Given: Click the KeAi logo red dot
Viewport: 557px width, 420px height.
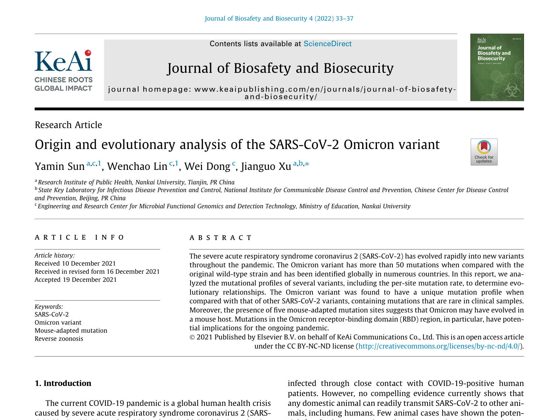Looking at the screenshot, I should tap(88, 53).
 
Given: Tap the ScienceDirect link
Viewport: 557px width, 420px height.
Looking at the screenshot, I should tap(327, 44).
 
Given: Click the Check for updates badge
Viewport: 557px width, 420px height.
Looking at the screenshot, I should tap(484, 152).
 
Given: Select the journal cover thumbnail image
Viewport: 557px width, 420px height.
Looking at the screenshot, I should tap(497, 67).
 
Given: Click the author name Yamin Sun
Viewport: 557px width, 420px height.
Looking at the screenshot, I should tap(60, 167).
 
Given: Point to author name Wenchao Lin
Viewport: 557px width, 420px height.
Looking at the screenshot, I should tap(137, 167).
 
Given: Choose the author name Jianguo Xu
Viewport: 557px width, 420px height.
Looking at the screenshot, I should tap(266, 167).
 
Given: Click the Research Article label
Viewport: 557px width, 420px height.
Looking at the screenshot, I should tap(68, 125).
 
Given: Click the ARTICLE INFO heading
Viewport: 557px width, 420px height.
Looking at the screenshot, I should tap(80, 238).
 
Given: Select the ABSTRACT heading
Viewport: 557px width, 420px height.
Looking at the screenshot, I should tap(221, 238).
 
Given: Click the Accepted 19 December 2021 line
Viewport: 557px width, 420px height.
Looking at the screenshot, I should tap(76, 280).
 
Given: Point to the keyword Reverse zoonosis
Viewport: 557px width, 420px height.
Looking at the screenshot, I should tap(59, 339).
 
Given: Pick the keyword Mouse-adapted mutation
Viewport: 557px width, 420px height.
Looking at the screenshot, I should tap(71, 331).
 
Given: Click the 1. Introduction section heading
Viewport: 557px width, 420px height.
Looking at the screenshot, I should tap(63, 383).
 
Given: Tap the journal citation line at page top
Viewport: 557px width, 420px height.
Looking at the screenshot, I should tap(279, 19).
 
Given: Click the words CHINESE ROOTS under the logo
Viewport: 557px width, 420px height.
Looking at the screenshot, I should tap(64, 80).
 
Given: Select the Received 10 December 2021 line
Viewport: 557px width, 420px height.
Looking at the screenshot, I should tap(75, 264).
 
